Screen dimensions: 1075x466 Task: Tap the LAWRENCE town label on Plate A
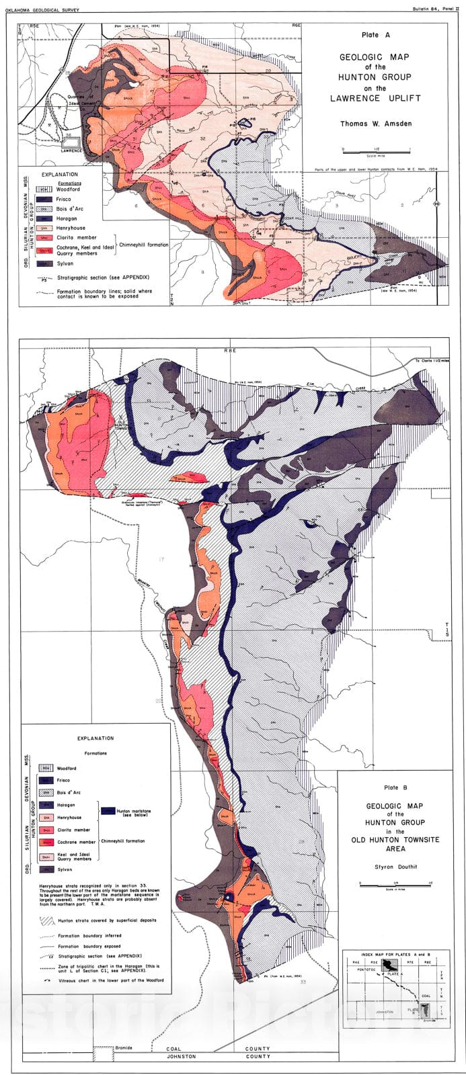point(69,150)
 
